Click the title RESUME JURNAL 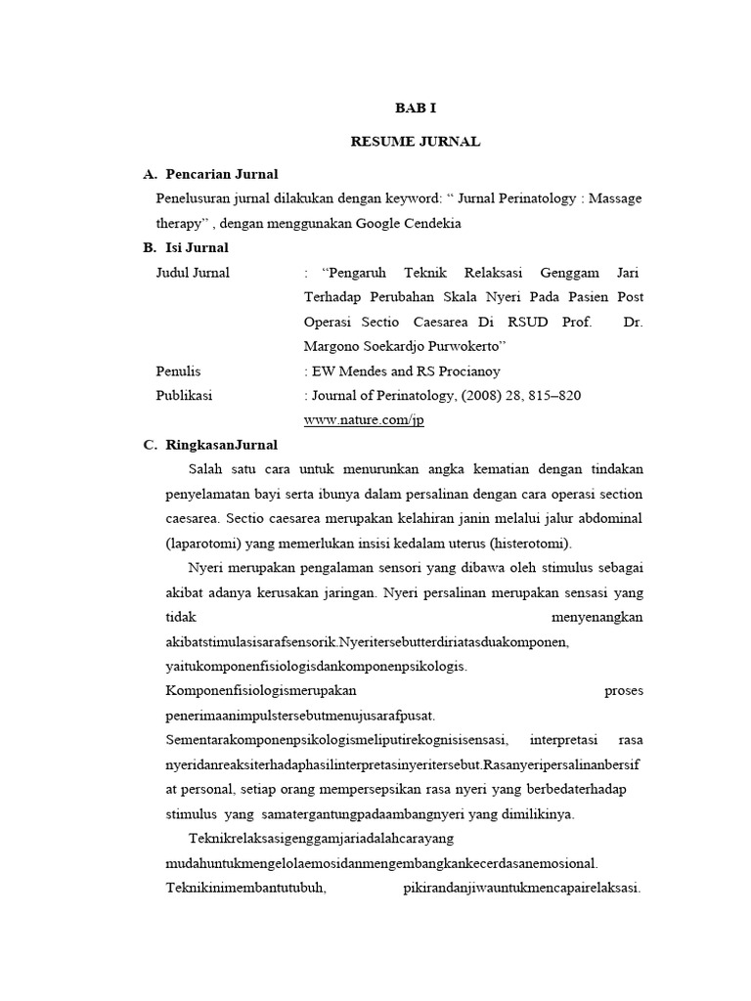415,142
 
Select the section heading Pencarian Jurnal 222,174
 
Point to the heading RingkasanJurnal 222,445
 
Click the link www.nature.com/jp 364,420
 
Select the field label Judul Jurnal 193,273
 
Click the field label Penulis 178,371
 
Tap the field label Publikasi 184,396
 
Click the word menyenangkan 596,618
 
